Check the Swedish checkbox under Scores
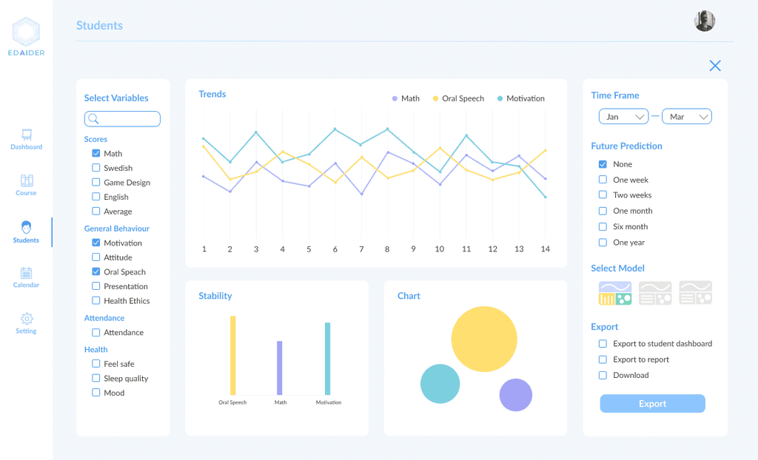pyautogui.click(x=95, y=168)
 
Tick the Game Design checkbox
pyautogui.click(x=95, y=182)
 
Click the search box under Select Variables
pyautogui.click(x=122, y=119)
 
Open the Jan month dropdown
pyautogui.click(x=623, y=116)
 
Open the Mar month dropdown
pyautogui.click(x=687, y=116)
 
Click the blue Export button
pyautogui.click(x=653, y=404)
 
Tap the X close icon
pyautogui.click(x=715, y=66)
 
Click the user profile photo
pyautogui.click(x=705, y=21)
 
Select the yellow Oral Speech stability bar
pyautogui.click(x=233, y=356)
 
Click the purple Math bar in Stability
pyautogui.click(x=279, y=368)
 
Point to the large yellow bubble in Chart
pyautogui.click(x=484, y=339)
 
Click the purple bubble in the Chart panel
pyautogui.click(x=516, y=395)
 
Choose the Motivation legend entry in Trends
pyautogui.click(x=520, y=98)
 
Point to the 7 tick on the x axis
pyautogui.click(x=361, y=248)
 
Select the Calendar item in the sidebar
pyautogui.click(x=26, y=278)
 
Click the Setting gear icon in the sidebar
pyautogui.click(x=27, y=319)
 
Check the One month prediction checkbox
pyautogui.click(x=603, y=212)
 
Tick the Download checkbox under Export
pyautogui.click(x=603, y=376)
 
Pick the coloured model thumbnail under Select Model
pyautogui.click(x=615, y=293)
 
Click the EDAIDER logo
pyautogui.click(x=26, y=37)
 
